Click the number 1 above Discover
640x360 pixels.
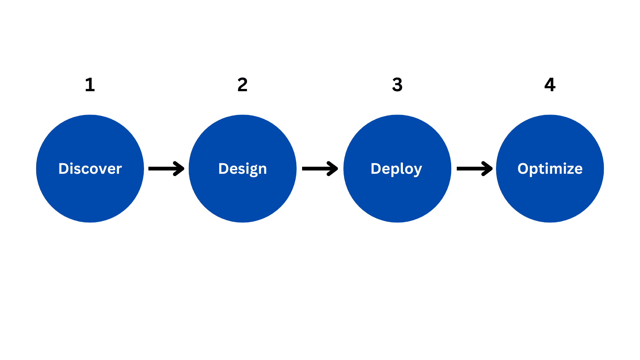click(90, 85)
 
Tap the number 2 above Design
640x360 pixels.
click(243, 85)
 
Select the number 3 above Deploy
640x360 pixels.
click(397, 85)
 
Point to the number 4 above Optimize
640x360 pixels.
click(550, 85)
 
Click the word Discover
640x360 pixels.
click(90, 169)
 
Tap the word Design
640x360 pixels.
click(243, 169)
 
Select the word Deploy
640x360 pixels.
click(396, 169)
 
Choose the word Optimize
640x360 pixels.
click(550, 169)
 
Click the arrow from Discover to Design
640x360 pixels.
click(166, 169)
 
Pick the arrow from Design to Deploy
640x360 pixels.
click(320, 169)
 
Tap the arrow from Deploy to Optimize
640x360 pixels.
click(474, 169)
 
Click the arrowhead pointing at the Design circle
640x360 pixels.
click(179, 169)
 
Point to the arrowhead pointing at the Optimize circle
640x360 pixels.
click(488, 169)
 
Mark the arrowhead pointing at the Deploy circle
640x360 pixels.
click(333, 169)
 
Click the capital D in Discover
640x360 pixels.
click(64, 169)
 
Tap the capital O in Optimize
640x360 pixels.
click(524, 169)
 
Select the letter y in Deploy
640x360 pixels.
click(418, 170)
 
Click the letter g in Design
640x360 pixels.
click(253, 171)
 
